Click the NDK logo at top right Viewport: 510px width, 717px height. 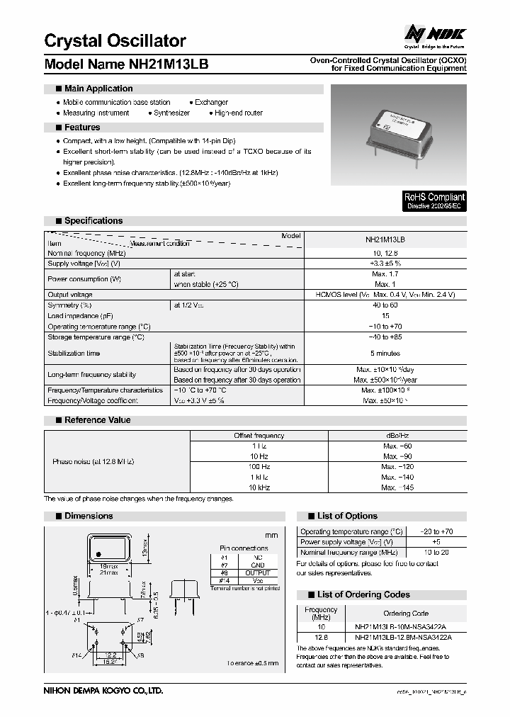pyautogui.click(x=435, y=34)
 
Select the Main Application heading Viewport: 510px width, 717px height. pyautogui.click(x=98, y=89)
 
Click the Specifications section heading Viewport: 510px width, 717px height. pyautogui.click(x=93, y=221)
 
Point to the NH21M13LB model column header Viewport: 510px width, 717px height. pyautogui.click(x=385, y=240)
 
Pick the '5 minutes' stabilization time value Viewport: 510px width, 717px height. pyautogui.click(x=385, y=353)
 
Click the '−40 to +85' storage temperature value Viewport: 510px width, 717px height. pyautogui.click(x=385, y=337)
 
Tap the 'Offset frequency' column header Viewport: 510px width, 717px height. pyautogui.click(x=259, y=436)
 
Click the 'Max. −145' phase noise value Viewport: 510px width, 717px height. pyautogui.click(x=397, y=487)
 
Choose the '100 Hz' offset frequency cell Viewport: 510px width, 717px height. pyautogui.click(x=259, y=467)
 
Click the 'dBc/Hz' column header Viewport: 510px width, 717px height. pyautogui.click(x=397, y=436)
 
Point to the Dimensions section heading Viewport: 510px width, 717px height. pyautogui.click(x=89, y=516)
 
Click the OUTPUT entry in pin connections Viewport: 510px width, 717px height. pyautogui.click(x=258, y=572)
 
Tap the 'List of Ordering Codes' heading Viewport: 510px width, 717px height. pyautogui.click(x=363, y=595)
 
